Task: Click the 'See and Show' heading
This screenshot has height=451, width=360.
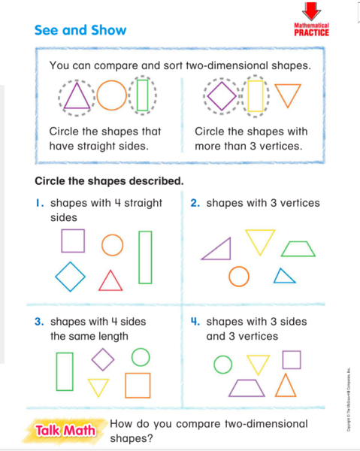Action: pos(80,31)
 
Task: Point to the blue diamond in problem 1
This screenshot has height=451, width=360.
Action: pos(70,277)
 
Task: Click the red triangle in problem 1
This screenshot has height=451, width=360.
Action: pos(110,280)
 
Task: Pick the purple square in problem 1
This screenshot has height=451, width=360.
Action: pos(72,241)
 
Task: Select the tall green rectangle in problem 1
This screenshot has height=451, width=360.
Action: pos(145,256)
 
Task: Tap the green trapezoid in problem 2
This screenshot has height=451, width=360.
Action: pos(298,249)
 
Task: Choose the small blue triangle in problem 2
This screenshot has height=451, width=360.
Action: pos(283,276)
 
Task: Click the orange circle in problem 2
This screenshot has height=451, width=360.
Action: pos(239,277)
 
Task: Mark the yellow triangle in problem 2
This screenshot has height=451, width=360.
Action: pos(261,241)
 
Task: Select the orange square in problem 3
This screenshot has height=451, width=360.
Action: pos(138,385)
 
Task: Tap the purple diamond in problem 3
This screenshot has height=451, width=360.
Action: pos(102,359)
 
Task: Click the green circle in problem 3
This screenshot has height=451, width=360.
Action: pos(140,356)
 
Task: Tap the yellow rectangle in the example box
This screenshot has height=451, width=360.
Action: pos(256,96)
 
